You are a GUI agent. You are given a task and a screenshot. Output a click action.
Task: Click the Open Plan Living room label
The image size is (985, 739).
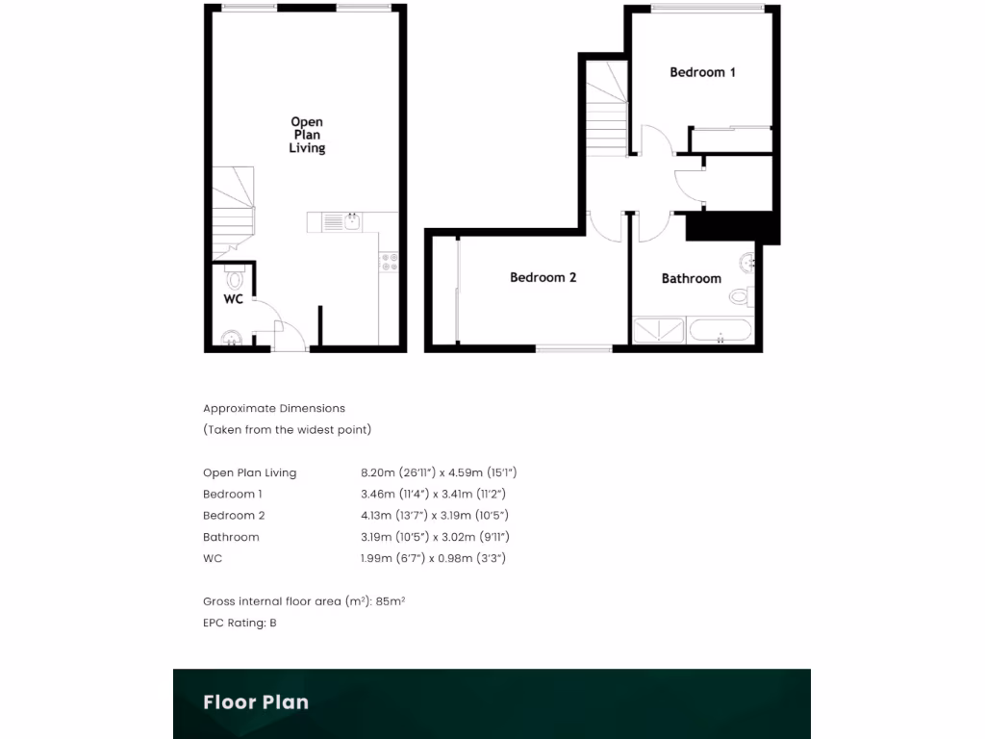tap(308, 135)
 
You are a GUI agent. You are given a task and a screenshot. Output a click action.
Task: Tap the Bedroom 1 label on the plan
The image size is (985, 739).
tap(702, 72)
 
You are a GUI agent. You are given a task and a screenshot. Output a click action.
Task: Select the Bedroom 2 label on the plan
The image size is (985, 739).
tap(543, 278)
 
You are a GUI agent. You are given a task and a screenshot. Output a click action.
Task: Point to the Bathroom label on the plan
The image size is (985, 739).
tap(691, 279)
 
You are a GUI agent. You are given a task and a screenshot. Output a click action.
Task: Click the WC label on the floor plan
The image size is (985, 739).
tap(233, 299)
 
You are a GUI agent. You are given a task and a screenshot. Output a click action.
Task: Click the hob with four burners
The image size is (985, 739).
tap(390, 262)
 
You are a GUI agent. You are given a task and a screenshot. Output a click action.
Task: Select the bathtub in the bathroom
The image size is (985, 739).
tap(720, 331)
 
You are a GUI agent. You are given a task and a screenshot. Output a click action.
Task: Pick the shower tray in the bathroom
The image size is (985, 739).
tap(659, 331)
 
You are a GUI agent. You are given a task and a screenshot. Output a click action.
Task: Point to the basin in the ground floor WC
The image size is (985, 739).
tap(230, 338)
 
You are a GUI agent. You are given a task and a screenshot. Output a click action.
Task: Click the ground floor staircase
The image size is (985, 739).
tap(233, 210)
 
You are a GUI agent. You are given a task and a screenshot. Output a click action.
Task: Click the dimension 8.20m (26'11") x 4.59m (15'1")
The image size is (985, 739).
tap(439, 472)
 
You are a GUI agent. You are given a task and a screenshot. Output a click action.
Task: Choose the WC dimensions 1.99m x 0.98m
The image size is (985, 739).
tap(433, 558)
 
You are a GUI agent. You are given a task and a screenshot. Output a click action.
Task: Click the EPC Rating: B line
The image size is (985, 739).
tap(240, 623)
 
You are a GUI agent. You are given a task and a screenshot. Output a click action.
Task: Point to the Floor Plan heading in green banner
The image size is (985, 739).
tap(256, 702)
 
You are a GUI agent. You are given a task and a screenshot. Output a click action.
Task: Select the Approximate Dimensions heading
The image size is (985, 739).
tap(274, 408)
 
